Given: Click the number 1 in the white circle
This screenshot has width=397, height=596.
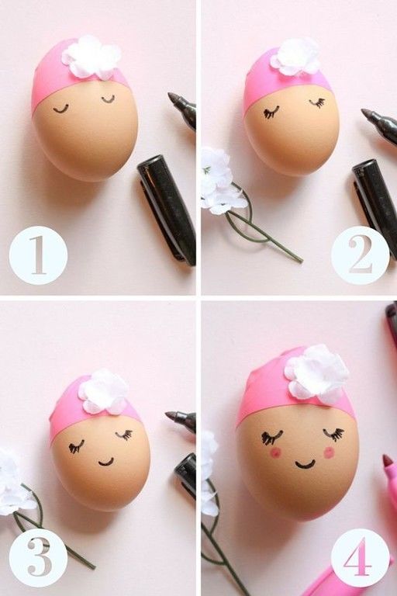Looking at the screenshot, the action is click(x=38, y=255).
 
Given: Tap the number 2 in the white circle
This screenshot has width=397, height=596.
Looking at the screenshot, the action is click(x=360, y=255).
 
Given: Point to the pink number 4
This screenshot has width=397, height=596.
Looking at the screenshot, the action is click(x=358, y=556).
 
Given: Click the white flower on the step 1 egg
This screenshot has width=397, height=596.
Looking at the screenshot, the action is click(x=91, y=57).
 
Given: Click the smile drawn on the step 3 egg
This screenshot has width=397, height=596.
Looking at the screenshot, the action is click(x=106, y=463).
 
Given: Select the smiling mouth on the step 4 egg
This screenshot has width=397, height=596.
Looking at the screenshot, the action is click(x=305, y=464).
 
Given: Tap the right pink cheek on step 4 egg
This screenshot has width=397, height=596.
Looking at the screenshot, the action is click(x=329, y=452).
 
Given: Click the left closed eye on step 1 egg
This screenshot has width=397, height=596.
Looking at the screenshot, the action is click(x=60, y=110).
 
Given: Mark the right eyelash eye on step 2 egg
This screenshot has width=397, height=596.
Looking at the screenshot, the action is click(x=317, y=102).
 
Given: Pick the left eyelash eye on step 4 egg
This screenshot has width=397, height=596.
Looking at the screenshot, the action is click(x=271, y=437).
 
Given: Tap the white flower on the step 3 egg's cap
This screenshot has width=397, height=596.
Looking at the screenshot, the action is click(x=104, y=391).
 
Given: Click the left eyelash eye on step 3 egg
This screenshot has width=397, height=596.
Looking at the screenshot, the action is click(x=76, y=447).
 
